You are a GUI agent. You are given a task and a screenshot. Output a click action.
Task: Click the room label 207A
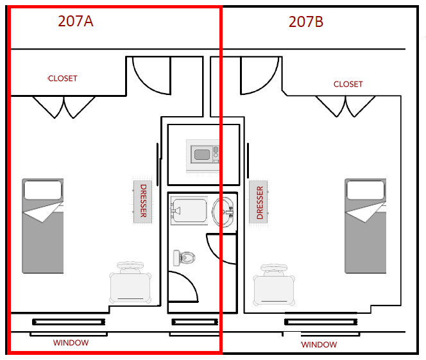[x=76, y=21]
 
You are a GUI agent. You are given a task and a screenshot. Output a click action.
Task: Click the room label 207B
[x=306, y=22]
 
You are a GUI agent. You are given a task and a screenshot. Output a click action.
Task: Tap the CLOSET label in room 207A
[x=62, y=78]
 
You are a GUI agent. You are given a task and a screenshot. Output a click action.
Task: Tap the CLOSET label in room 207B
[x=348, y=84]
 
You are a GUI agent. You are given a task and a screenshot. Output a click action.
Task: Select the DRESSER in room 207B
[x=259, y=203]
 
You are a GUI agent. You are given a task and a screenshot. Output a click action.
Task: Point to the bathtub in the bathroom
[x=189, y=211]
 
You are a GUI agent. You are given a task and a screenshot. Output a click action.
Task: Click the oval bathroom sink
[x=225, y=211]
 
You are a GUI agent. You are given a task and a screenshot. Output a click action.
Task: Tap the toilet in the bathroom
[x=184, y=258]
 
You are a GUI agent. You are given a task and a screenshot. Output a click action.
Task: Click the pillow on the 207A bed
[x=43, y=189]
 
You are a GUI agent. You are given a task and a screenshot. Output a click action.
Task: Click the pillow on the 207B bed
[x=365, y=189]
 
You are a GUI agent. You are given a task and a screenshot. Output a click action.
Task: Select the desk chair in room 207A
[x=131, y=283]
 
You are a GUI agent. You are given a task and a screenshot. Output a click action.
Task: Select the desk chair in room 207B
[x=275, y=284]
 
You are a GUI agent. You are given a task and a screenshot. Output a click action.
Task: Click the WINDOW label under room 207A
[x=71, y=343]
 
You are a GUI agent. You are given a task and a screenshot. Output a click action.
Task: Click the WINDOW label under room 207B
[x=319, y=345]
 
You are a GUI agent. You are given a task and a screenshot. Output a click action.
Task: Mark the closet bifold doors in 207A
[x=64, y=107]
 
